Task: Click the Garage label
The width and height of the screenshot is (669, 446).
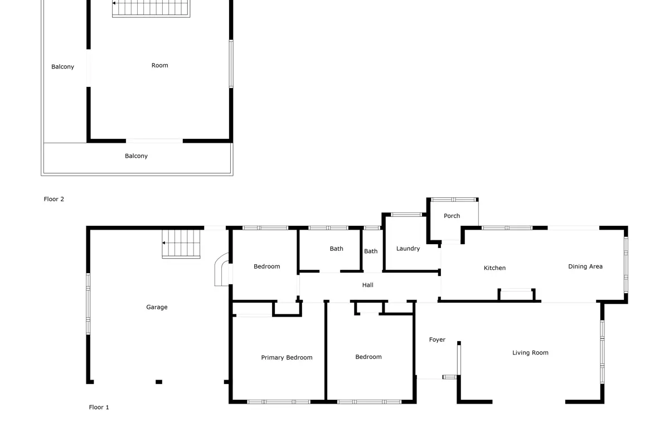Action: (x=157, y=307)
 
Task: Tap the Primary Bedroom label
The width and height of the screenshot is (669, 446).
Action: (x=287, y=357)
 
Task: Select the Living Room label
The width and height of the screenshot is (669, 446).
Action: (x=530, y=353)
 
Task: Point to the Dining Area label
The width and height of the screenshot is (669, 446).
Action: (x=585, y=266)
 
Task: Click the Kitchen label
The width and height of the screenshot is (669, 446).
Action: (x=495, y=268)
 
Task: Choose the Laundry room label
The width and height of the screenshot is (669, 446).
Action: (x=408, y=249)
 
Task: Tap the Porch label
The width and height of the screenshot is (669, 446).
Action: (x=452, y=216)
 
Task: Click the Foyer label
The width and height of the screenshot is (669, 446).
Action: (x=437, y=340)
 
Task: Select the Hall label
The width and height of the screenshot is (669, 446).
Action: (x=367, y=285)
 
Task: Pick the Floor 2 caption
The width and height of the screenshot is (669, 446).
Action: (x=54, y=199)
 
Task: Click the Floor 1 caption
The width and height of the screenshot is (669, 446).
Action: (x=99, y=407)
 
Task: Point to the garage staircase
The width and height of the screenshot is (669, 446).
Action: (x=181, y=244)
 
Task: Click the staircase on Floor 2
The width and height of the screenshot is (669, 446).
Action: (x=151, y=8)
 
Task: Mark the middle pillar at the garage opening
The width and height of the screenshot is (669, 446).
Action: (x=159, y=382)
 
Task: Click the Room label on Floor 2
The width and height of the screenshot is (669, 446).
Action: (x=160, y=65)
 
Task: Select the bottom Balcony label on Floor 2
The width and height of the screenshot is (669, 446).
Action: (x=136, y=156)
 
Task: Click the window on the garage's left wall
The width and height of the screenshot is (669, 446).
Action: (x=88, y=304)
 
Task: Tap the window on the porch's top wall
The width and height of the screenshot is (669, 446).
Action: (x=453, y=200)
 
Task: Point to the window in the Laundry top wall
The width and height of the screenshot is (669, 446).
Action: (x=406, y=215)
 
